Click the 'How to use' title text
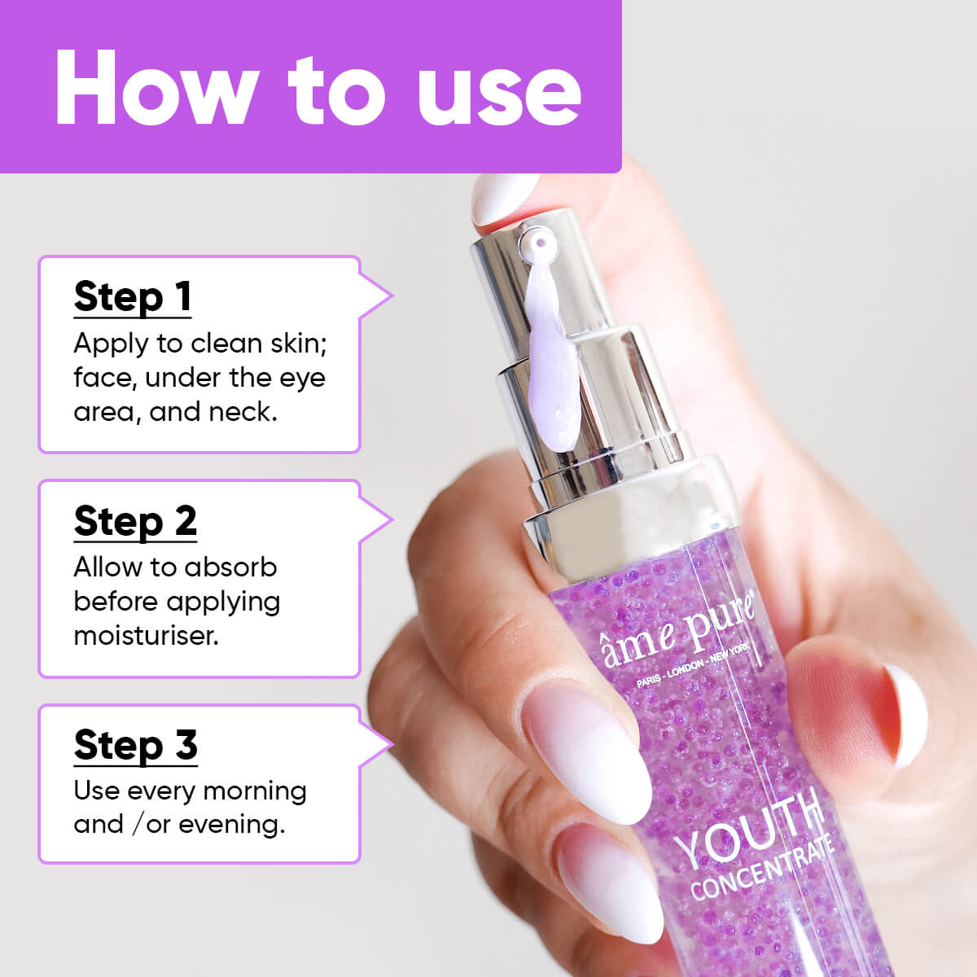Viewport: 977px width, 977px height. click(x=318, y=88)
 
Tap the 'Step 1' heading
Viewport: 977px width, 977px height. click(x=133, y=296)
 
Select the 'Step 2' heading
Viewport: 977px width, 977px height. click(x=135, y=521)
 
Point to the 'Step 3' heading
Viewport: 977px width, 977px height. click(x=135, y=745)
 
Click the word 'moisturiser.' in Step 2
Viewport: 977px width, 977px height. click(x=146, y=635)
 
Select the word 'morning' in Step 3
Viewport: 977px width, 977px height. click(x=254, y=791)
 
